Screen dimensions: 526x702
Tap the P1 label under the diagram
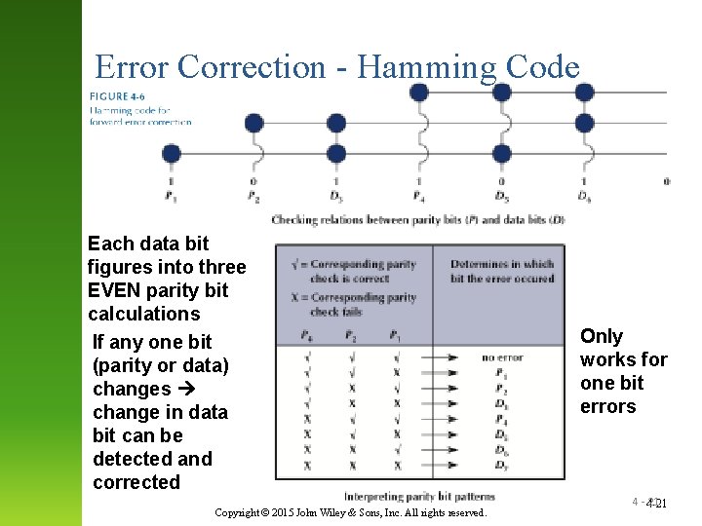[172, 196]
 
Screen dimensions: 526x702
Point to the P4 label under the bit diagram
[419, 196]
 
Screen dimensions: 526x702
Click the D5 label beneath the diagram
[502, 196]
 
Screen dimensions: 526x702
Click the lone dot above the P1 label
[172, 153]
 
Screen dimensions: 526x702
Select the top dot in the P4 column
[419, 93]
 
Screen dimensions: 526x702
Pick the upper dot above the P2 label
[253, 123]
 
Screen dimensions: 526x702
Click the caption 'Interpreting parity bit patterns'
[418, 497]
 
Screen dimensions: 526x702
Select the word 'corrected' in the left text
[136, 482]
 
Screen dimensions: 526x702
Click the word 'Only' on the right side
[602, 336]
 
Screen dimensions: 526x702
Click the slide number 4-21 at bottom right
[654, 504]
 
